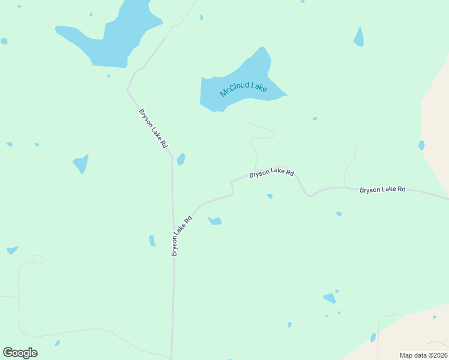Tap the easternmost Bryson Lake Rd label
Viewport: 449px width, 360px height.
[x=382, y=190]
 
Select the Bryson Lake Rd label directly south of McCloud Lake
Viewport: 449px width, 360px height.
[x=271, y=172]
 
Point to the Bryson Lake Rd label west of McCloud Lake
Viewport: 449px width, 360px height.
[x=152, y=128]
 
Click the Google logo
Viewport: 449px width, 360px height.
[x=20, y=353]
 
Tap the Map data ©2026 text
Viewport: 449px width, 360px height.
[x=423, y=355]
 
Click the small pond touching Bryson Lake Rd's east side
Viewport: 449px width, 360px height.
[x=181, y=159]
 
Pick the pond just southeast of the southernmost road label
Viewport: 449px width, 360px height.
[x=215, y=221]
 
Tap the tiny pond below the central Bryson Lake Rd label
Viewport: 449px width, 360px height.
[x=270, y=196]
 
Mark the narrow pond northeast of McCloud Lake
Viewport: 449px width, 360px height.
[x=359, y=38]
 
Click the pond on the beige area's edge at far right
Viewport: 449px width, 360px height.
[x=421, y=145]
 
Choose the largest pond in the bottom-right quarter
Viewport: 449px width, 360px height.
[x=329, y=298]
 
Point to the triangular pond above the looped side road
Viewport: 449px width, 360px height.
[x=12, y=250]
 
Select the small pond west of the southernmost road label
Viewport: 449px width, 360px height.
[x=152, y=241]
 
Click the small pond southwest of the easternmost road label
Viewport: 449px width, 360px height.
[x=339, y=214]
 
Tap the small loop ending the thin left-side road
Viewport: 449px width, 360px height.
[x=38, y=259]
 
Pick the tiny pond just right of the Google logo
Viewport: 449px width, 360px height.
[x=57, y=343]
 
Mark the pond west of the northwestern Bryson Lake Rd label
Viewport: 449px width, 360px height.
[x=81, y=163]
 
